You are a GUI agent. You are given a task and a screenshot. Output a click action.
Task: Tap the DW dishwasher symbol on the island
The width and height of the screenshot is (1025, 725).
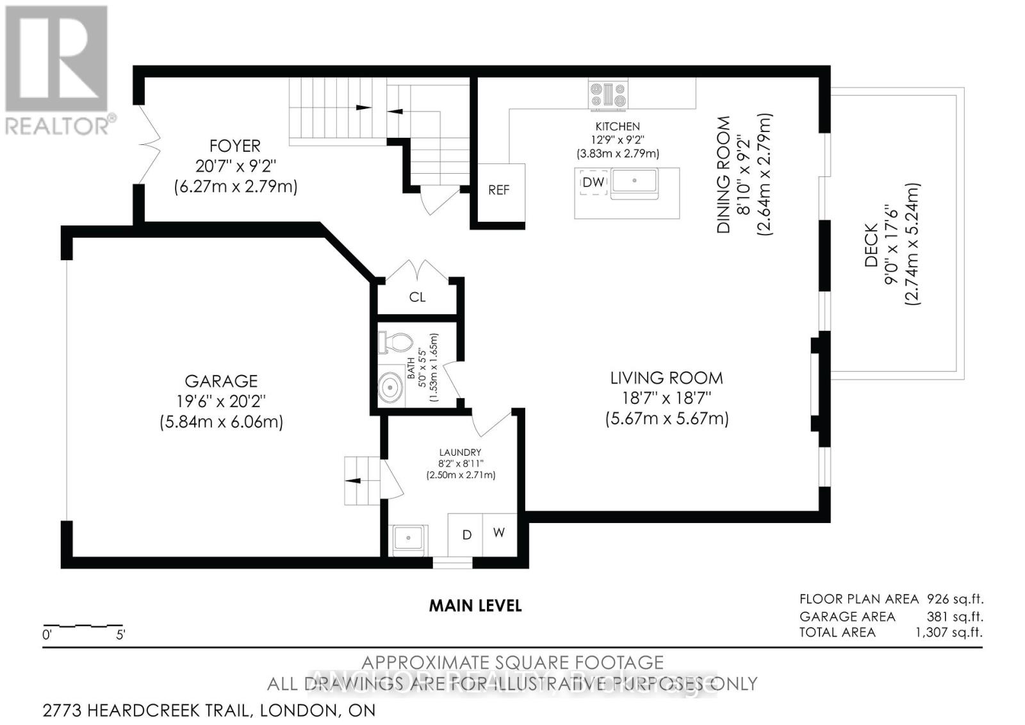coord(593,183)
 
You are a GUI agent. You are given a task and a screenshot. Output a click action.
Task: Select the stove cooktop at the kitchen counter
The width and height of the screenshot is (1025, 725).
coord(609,94)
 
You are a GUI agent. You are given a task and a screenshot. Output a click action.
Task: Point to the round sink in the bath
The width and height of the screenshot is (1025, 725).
coord(389,388)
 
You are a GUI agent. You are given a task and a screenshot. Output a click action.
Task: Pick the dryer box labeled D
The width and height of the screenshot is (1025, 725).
coord(466,535)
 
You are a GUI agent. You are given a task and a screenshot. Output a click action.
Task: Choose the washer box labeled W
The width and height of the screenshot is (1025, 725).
coord(499,533)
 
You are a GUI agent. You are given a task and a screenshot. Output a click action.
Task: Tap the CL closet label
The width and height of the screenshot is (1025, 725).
coord(417,297)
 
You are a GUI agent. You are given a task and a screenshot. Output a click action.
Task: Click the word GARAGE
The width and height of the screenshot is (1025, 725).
coord(221,381)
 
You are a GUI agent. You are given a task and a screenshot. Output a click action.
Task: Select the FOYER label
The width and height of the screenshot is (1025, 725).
coord(235,146)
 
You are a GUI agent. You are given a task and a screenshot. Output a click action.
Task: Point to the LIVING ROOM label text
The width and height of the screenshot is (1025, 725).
coord(666,378)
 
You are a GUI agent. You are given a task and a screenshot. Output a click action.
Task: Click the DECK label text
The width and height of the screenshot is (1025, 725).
coord(871,245)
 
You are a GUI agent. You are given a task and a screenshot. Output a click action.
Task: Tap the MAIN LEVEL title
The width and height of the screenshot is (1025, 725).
coord(475,606)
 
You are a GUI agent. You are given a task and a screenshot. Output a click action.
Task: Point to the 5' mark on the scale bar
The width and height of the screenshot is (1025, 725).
coord(120,636)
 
